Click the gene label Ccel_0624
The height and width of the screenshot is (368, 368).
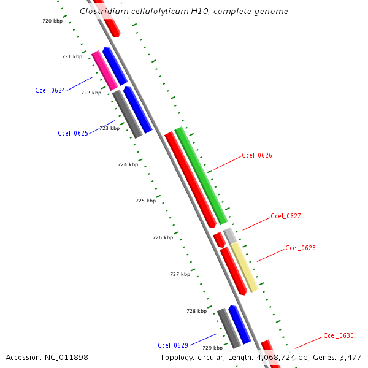point(50,90)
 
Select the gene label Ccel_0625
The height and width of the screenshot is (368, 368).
point(73,133)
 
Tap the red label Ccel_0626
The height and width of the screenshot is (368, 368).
point(257,155)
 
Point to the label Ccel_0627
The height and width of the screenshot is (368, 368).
point(286,216)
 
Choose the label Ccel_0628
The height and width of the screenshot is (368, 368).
point(301,248)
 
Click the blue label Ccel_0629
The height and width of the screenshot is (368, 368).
point(173,345)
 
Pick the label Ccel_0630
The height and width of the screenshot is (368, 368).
point(339,335)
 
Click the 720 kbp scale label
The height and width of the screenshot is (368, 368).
point(52,21)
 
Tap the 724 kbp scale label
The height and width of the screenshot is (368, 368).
point(128,164)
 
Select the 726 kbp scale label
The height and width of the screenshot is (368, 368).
point(163,237)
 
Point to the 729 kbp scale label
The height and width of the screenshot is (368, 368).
point(212,348)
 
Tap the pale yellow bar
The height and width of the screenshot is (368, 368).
point(243,267)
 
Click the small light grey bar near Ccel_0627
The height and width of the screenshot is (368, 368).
point(229,236)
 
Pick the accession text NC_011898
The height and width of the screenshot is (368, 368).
point(67,357)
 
